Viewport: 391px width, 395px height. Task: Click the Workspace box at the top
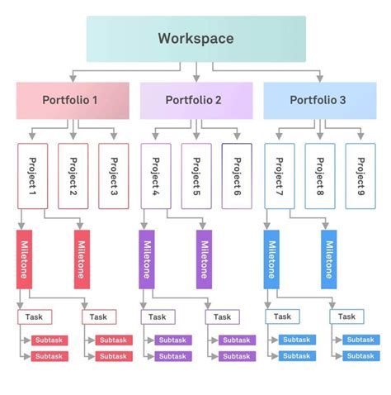[x=195, y=39]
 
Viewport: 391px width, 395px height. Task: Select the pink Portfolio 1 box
[x=73, y=101]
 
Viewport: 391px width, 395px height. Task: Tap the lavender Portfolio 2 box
[x=195, y=101]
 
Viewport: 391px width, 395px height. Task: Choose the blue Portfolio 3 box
[x=319, y=101]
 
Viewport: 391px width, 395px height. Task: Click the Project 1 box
[x=33, y=175]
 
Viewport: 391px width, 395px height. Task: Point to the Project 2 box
[x=73, y=175]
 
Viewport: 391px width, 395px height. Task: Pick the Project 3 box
[x=114, y=175]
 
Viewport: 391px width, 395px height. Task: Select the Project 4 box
[x=156, y=175]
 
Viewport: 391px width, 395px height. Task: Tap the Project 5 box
[x=196, y=175]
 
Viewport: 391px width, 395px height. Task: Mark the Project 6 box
[x=237, y=175]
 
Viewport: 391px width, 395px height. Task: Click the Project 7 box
[x=279, y=175]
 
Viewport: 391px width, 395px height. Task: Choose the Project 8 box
[x=320, y=175]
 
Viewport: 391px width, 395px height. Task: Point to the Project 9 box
[x=360, y=175]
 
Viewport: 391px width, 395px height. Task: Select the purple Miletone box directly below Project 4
[x=147, y=259]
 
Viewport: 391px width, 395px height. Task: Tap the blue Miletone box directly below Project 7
[x=271, y=259]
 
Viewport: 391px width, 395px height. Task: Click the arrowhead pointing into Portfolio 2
[x=196, y=79]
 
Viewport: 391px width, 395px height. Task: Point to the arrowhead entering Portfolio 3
[x=319, y=79]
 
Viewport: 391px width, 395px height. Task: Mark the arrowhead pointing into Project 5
[x=196, y=138]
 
